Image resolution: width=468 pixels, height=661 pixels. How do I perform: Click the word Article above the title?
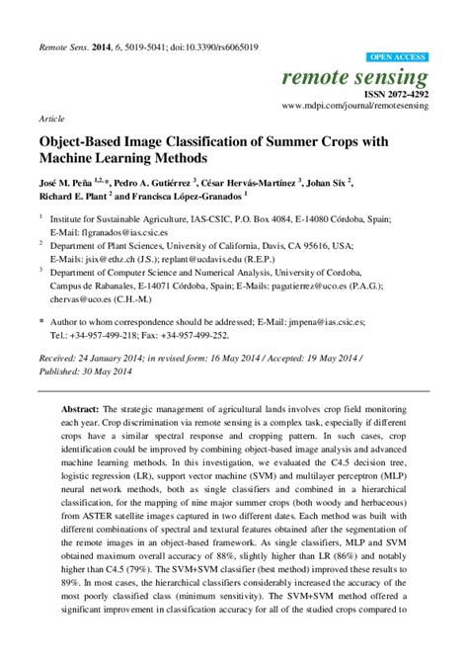(52, 116)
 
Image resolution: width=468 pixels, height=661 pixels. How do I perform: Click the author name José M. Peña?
(72, 183)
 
